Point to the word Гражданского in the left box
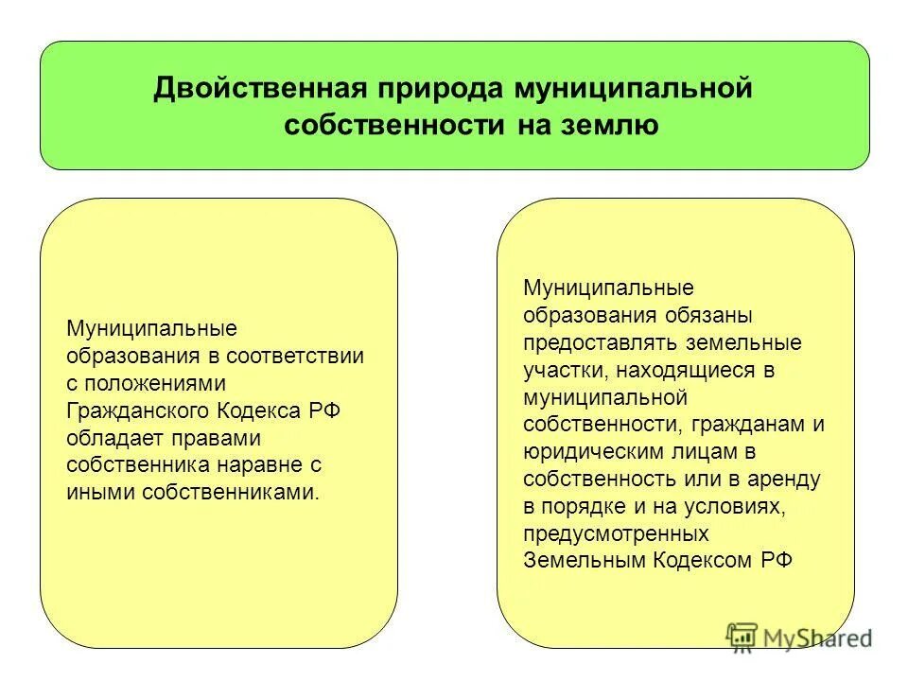(138, 410)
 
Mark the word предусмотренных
(616, 533)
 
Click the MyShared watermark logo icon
(742, 637)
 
